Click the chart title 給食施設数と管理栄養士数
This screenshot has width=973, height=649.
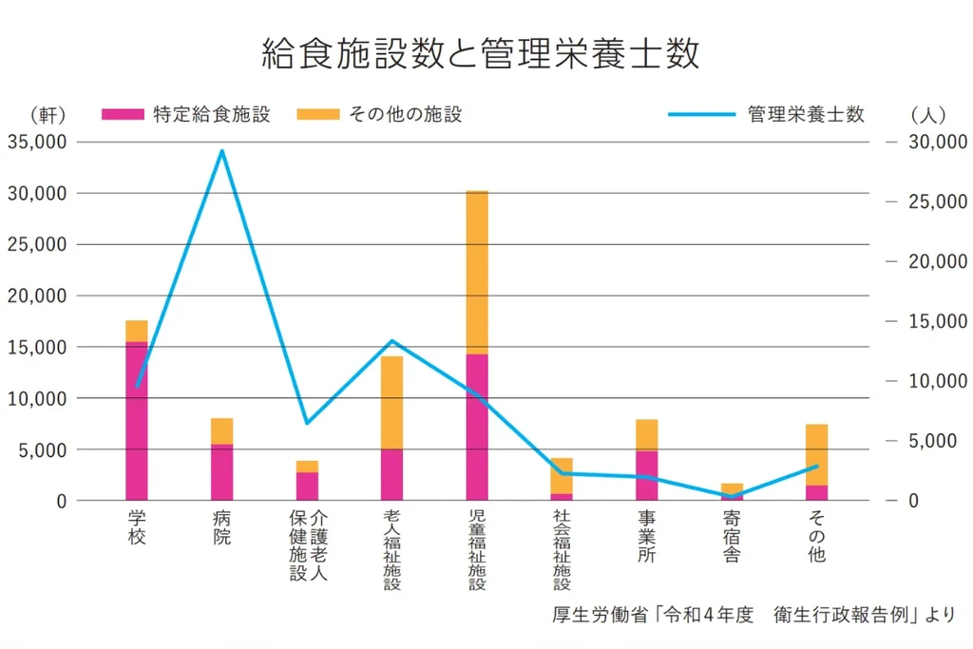point(481,54)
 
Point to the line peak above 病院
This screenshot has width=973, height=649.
point(221,151)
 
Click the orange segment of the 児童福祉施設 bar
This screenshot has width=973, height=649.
point(477,272)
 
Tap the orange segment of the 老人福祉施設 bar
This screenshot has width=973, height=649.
point(391,402)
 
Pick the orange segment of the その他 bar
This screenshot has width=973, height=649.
point(816,454)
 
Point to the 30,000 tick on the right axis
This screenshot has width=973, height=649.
point(937,142)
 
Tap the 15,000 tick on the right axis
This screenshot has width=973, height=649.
point(937,321)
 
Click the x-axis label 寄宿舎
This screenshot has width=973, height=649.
point(732,537)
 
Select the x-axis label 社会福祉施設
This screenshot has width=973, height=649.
point(562,550)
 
